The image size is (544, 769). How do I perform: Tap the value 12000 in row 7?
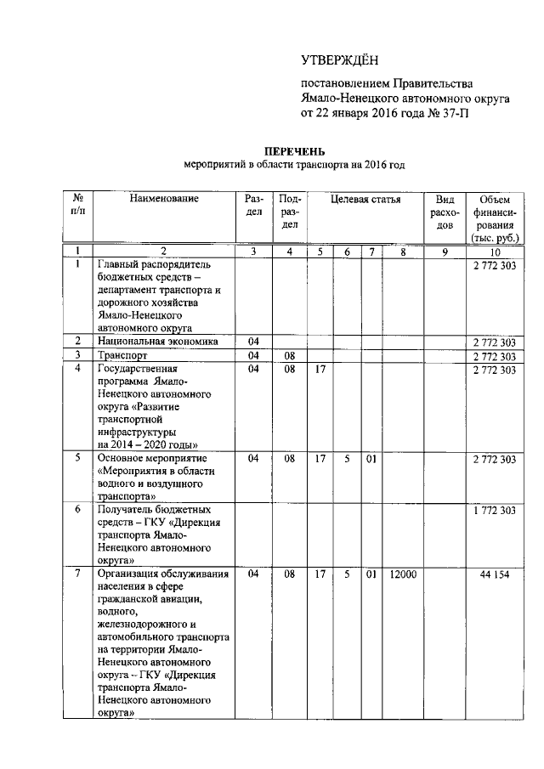403,575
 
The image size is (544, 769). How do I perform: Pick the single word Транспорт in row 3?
123,356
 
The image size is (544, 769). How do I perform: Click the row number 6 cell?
77,509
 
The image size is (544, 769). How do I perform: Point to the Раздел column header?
253,206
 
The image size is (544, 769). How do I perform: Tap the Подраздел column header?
290,212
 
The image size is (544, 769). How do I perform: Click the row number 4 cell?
77,370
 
